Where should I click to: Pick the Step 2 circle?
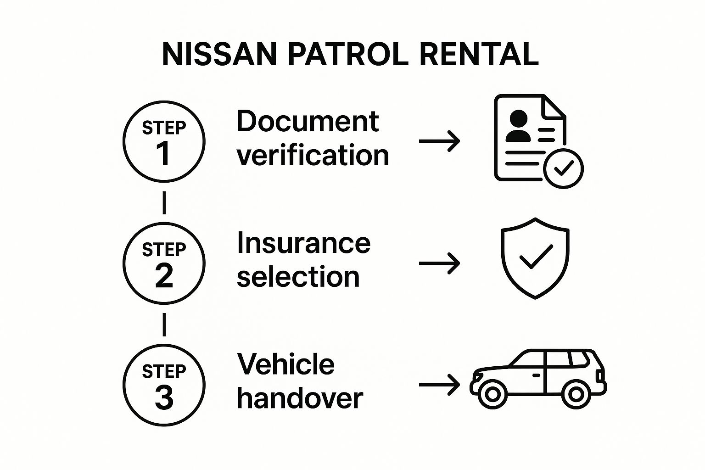click(x=164, y=263)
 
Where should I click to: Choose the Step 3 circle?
click(x=164, y=385)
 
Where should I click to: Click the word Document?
click(x=308, y=122)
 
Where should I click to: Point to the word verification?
click(x=313, y=155)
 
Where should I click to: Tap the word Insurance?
click(x=303, y=243)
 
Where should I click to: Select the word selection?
click(x=298, y=277)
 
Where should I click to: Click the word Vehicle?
click(x=285, y=364)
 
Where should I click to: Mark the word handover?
click(x=300, y=398)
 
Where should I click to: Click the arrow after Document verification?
click(x=439, y=141)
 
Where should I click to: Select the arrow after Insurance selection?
click(x=439, y=263)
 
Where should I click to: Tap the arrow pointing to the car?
click(x=439, y=385)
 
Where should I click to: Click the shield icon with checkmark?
click(x=535, y=258)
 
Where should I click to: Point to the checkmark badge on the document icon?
click(x=563, y=168)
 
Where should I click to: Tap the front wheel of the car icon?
click(x=492, y=394)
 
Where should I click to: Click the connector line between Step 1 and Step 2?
click(x=164, y=203)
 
